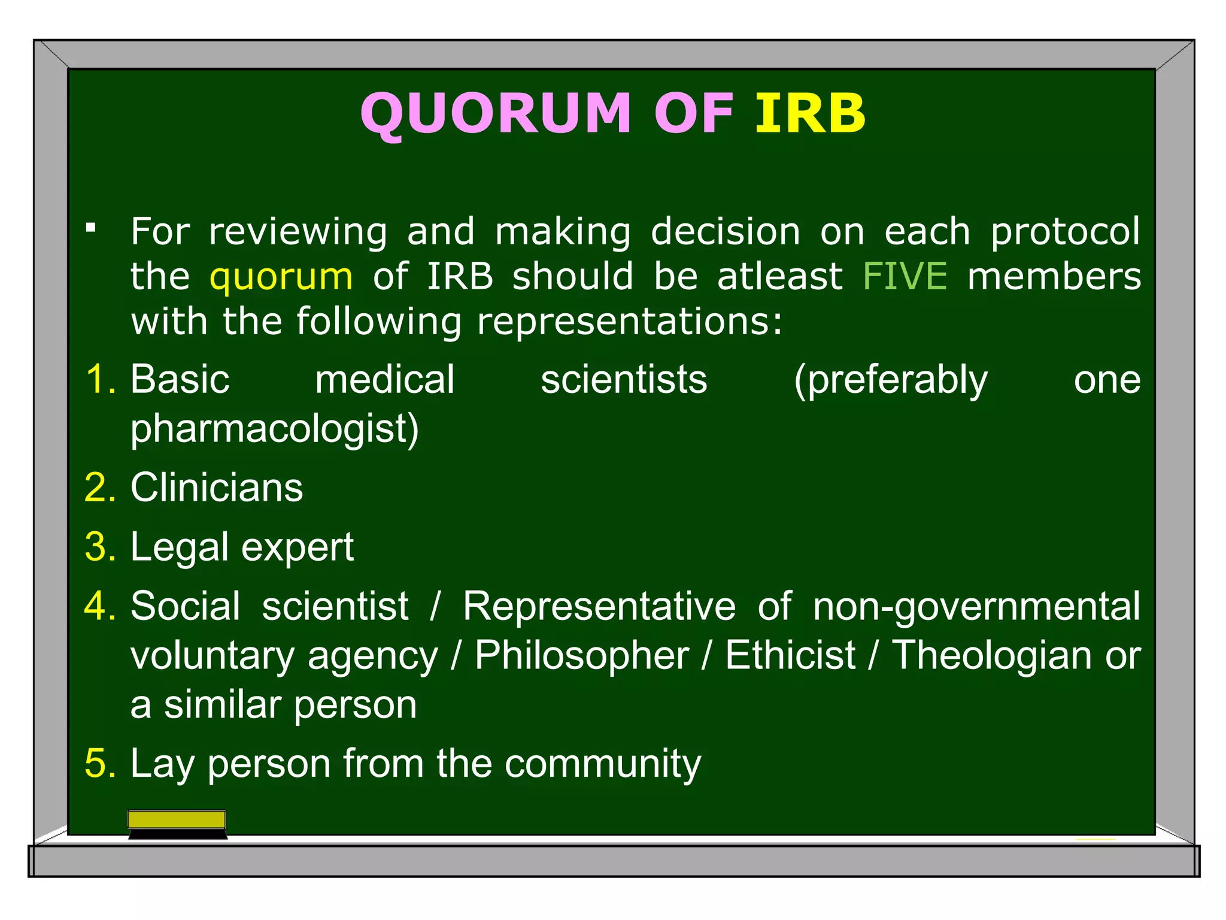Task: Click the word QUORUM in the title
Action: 496,113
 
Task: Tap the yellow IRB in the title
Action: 810,113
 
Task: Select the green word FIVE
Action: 905,277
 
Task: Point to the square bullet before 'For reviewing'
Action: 91,228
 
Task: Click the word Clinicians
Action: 217,488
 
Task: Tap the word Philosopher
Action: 581,655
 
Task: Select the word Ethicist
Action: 790,655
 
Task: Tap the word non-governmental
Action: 976,607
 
